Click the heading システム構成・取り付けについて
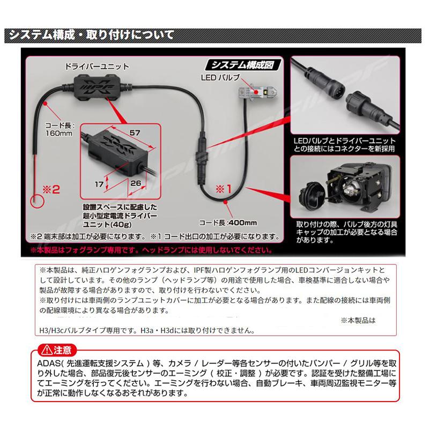[x=89, y=36]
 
